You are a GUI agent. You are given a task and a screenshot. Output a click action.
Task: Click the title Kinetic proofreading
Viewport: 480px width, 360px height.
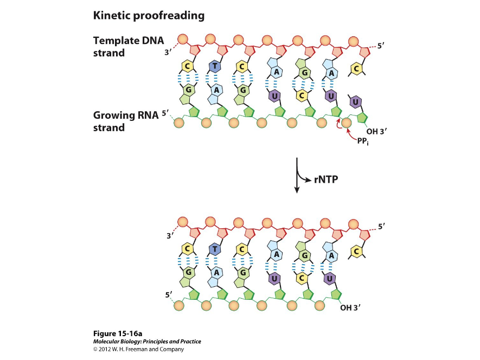tap(149, 16)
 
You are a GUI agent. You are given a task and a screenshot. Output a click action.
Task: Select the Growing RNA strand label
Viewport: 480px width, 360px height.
tap(125, 121)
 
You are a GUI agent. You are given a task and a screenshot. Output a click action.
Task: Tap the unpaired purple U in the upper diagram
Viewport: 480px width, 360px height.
tap(355, 101)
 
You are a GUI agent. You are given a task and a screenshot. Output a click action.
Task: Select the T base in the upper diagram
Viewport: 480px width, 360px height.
tap(215, 67)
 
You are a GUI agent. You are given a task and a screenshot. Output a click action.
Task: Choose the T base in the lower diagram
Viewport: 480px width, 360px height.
tap(215, 249)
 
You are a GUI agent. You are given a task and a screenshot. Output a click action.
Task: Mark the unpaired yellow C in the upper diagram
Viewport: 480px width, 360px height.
tap(356, 69)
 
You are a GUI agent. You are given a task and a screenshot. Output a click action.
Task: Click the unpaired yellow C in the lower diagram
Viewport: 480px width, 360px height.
tap(356, 252)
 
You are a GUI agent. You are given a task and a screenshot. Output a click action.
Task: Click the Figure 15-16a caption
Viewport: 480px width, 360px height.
tap(117, 333)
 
